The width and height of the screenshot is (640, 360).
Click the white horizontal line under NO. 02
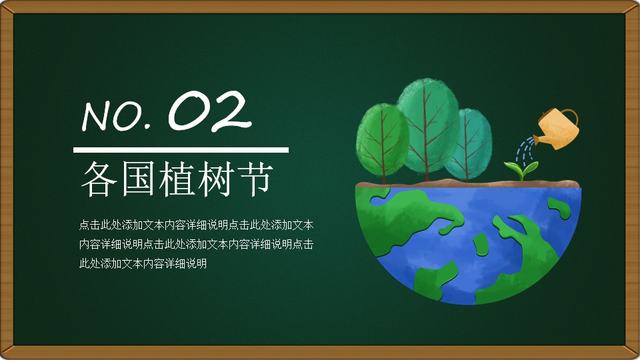(x=181, y=150)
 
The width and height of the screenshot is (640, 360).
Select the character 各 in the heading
(x=99, y=179)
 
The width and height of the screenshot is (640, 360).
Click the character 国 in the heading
(x=138, y=179)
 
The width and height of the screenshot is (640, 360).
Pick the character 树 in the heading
(x=214, y=179)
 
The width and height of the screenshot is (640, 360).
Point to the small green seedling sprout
(x=521, y=170)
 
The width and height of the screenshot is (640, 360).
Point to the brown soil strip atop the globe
(x=468, y=183)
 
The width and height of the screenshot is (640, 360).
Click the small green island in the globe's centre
(x=481, y=244)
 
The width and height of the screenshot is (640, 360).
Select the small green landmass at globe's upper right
(x=559, y=208)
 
